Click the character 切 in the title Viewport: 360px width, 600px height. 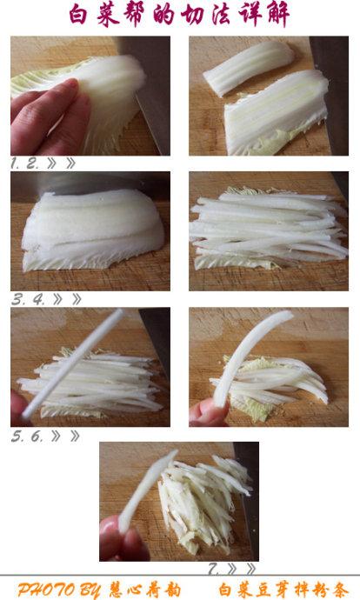pyautogui.click(x=191, y=15)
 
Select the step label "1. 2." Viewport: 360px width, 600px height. pyautogui.click(x=25, y=163)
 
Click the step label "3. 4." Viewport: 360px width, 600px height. pyautogui.click(x=28, y=299)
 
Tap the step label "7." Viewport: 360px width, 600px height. pyautogui.click(x=213, y=569)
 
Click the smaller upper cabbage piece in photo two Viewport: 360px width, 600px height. pyautogui.click(x=248, y=67)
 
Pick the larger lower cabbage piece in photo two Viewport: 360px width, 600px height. pyautogui.click(x=276, y=113)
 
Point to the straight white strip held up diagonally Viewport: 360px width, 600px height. pyautogui.click(x=73, y=363)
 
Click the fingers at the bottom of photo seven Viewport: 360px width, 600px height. pyautogui.click(x=123, y=539)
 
